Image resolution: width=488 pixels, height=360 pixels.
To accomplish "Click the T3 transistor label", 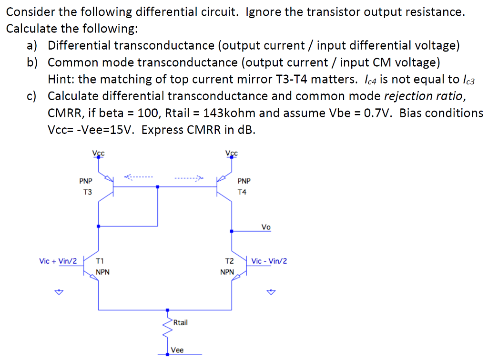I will [87, 192].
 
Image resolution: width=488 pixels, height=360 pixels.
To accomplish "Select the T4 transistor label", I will [242, 192].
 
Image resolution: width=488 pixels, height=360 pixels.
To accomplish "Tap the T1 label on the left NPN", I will [100, 261].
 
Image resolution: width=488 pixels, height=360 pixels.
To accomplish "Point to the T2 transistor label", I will [229, 261].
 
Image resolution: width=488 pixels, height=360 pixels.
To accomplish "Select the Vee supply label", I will [177, 350].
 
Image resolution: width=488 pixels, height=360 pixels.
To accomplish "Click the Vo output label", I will [266, 227].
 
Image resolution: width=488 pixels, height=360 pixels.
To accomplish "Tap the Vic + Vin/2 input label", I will [58, 261].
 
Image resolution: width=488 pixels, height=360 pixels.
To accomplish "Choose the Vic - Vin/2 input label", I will [269, 261].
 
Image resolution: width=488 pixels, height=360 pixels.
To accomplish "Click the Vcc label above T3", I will [98, 153].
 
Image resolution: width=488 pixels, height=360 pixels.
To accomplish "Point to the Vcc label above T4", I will [232, 153].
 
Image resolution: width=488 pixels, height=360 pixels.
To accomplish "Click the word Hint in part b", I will [60, 79].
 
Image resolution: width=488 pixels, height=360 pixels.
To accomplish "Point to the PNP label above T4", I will [244, 181].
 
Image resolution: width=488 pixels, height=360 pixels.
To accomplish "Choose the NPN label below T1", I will [102, 272].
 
